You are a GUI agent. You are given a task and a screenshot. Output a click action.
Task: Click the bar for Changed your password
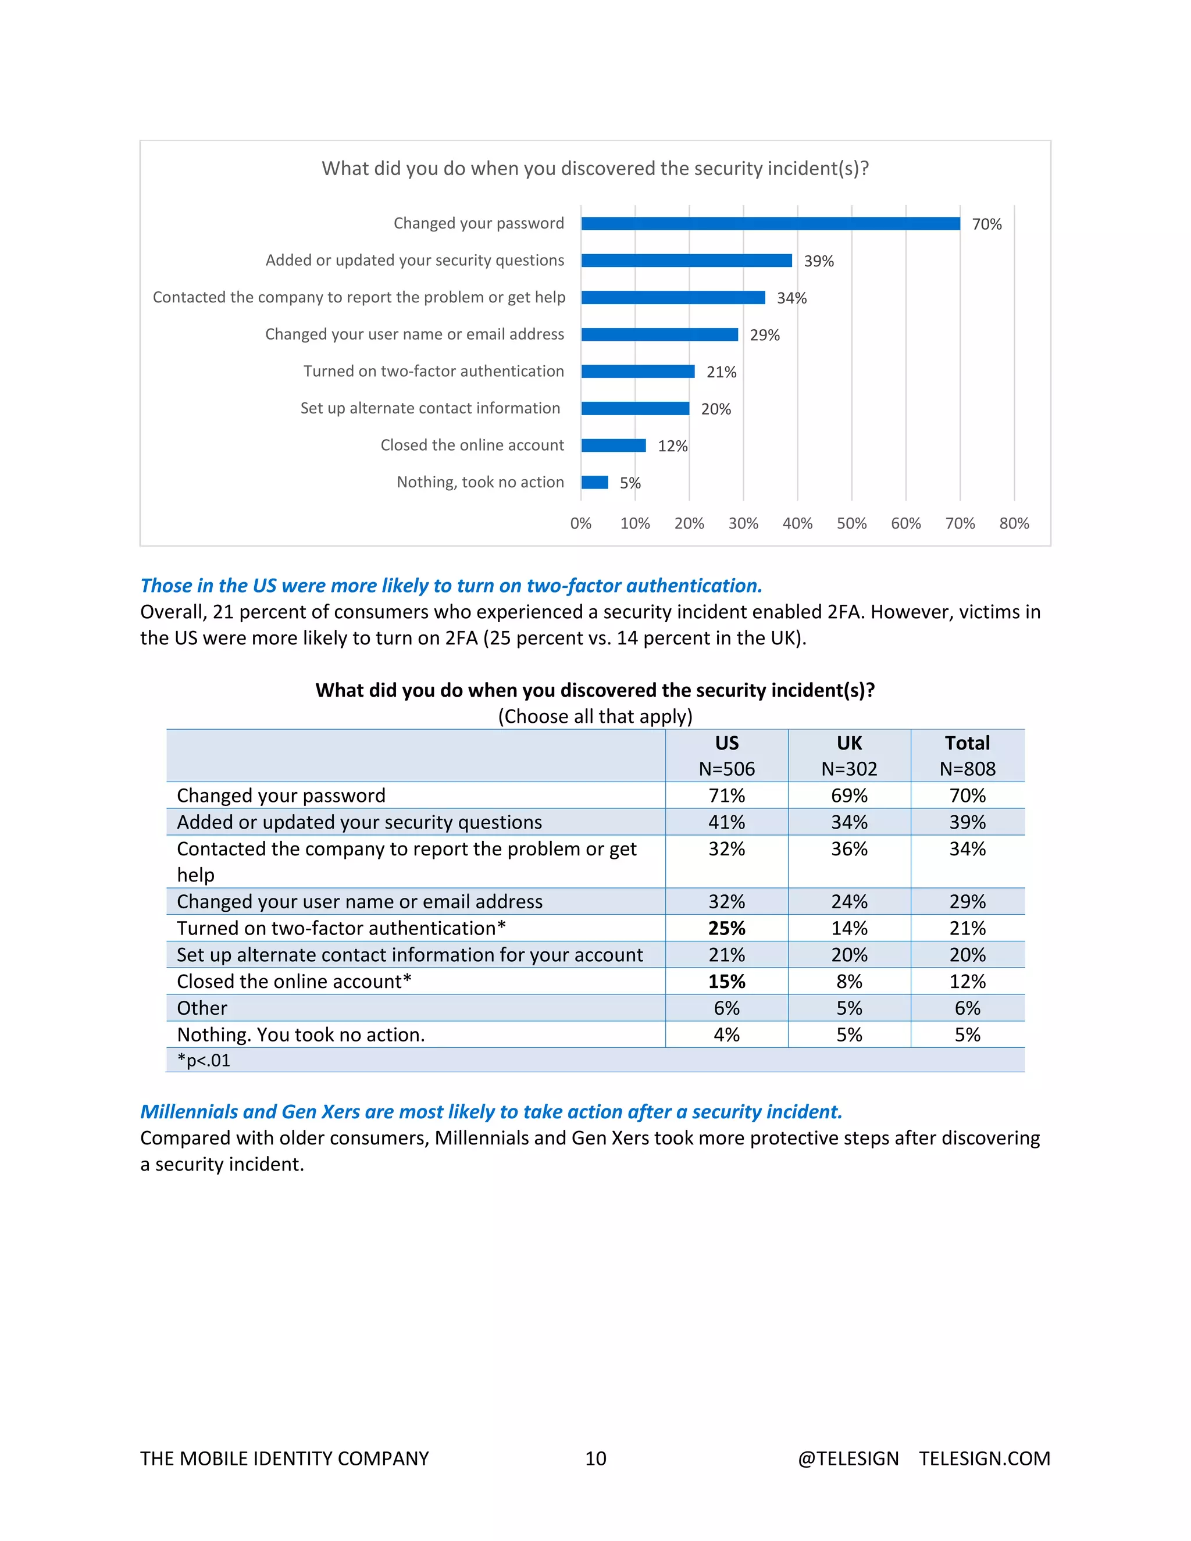click(x=771, y=224)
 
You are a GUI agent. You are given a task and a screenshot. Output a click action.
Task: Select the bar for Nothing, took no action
click(x=595, y=483)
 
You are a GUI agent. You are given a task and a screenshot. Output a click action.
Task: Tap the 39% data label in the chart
click(x=818, y=261)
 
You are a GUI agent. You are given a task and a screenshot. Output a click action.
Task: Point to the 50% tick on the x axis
click(x=851, y=523)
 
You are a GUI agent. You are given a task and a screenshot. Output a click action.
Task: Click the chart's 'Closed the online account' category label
click(x=472, y=445)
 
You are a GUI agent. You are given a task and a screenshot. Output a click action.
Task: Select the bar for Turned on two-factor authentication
click(x=638, y=372)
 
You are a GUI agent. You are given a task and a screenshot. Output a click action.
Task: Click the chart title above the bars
click(x=595, y=169)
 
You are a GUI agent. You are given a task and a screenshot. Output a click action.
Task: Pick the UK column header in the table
click(x=849, y=743)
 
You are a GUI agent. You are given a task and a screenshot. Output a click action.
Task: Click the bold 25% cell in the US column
click(x=727, y=929)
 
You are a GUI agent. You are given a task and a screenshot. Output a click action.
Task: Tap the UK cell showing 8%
click(x=849, y=982)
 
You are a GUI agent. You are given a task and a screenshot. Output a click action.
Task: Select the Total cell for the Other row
click(x=967, y=1008)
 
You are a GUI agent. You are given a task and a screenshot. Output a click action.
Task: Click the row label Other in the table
click(x=202, y=1008)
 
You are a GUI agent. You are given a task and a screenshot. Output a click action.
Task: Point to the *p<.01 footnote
click(x=204, y=1061)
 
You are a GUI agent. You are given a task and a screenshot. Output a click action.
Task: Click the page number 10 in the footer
click(x=595, y=1458)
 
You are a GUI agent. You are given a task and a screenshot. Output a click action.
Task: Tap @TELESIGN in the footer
click(x=848, y=1458)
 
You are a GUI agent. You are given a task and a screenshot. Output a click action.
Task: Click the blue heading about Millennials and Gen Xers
click(x=491, y=1112)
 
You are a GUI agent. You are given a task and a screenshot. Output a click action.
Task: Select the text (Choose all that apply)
click(x=595, y=717)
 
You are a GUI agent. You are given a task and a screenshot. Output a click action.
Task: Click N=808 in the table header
click(x=967, y=769)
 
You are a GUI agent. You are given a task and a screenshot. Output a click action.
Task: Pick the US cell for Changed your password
click(x=727, y=796)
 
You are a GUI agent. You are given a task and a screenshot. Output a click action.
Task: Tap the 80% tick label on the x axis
click(x=1014, y=523)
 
